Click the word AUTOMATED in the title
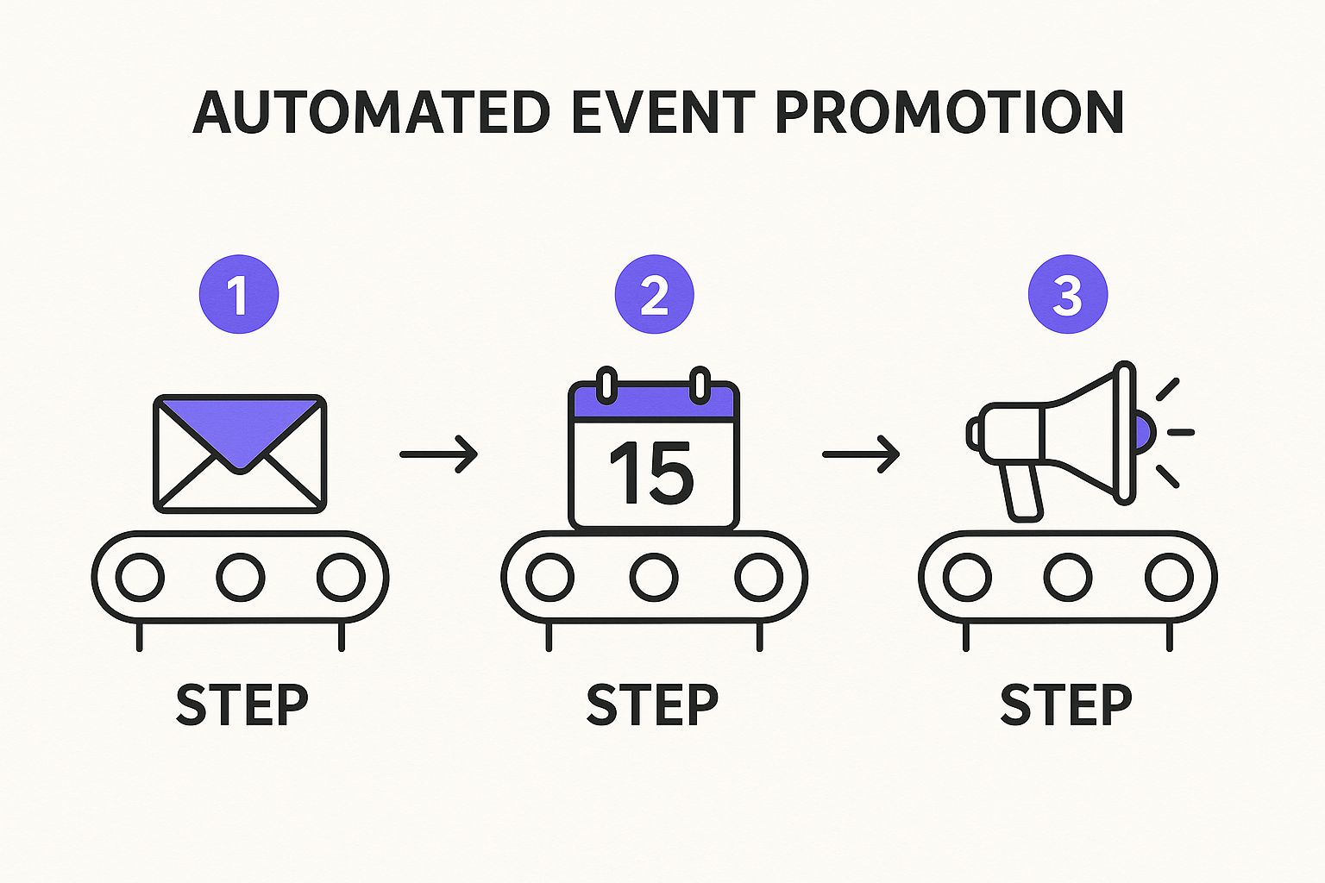click(x=371, y=112)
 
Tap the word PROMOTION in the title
click(x=949, y=112)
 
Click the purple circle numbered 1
click(x=239, y=294)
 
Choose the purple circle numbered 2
click(x=654, y=294)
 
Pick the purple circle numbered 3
click(x=1067, y=294)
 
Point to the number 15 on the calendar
click(x=651, y=473)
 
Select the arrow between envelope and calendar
click(x=438, y=454)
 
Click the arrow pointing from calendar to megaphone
click(x=861, y=454)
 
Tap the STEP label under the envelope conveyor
click(x=242, y=705)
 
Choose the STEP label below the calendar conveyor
click(x=652, y=705)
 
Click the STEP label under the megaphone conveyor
click(x=1066, y=705)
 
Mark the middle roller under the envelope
click(x=241, y=577)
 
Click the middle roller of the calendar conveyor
click(x=654, y=577)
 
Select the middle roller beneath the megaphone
click(x=1068, y=577)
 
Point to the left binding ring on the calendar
click(x=607, y=385)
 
